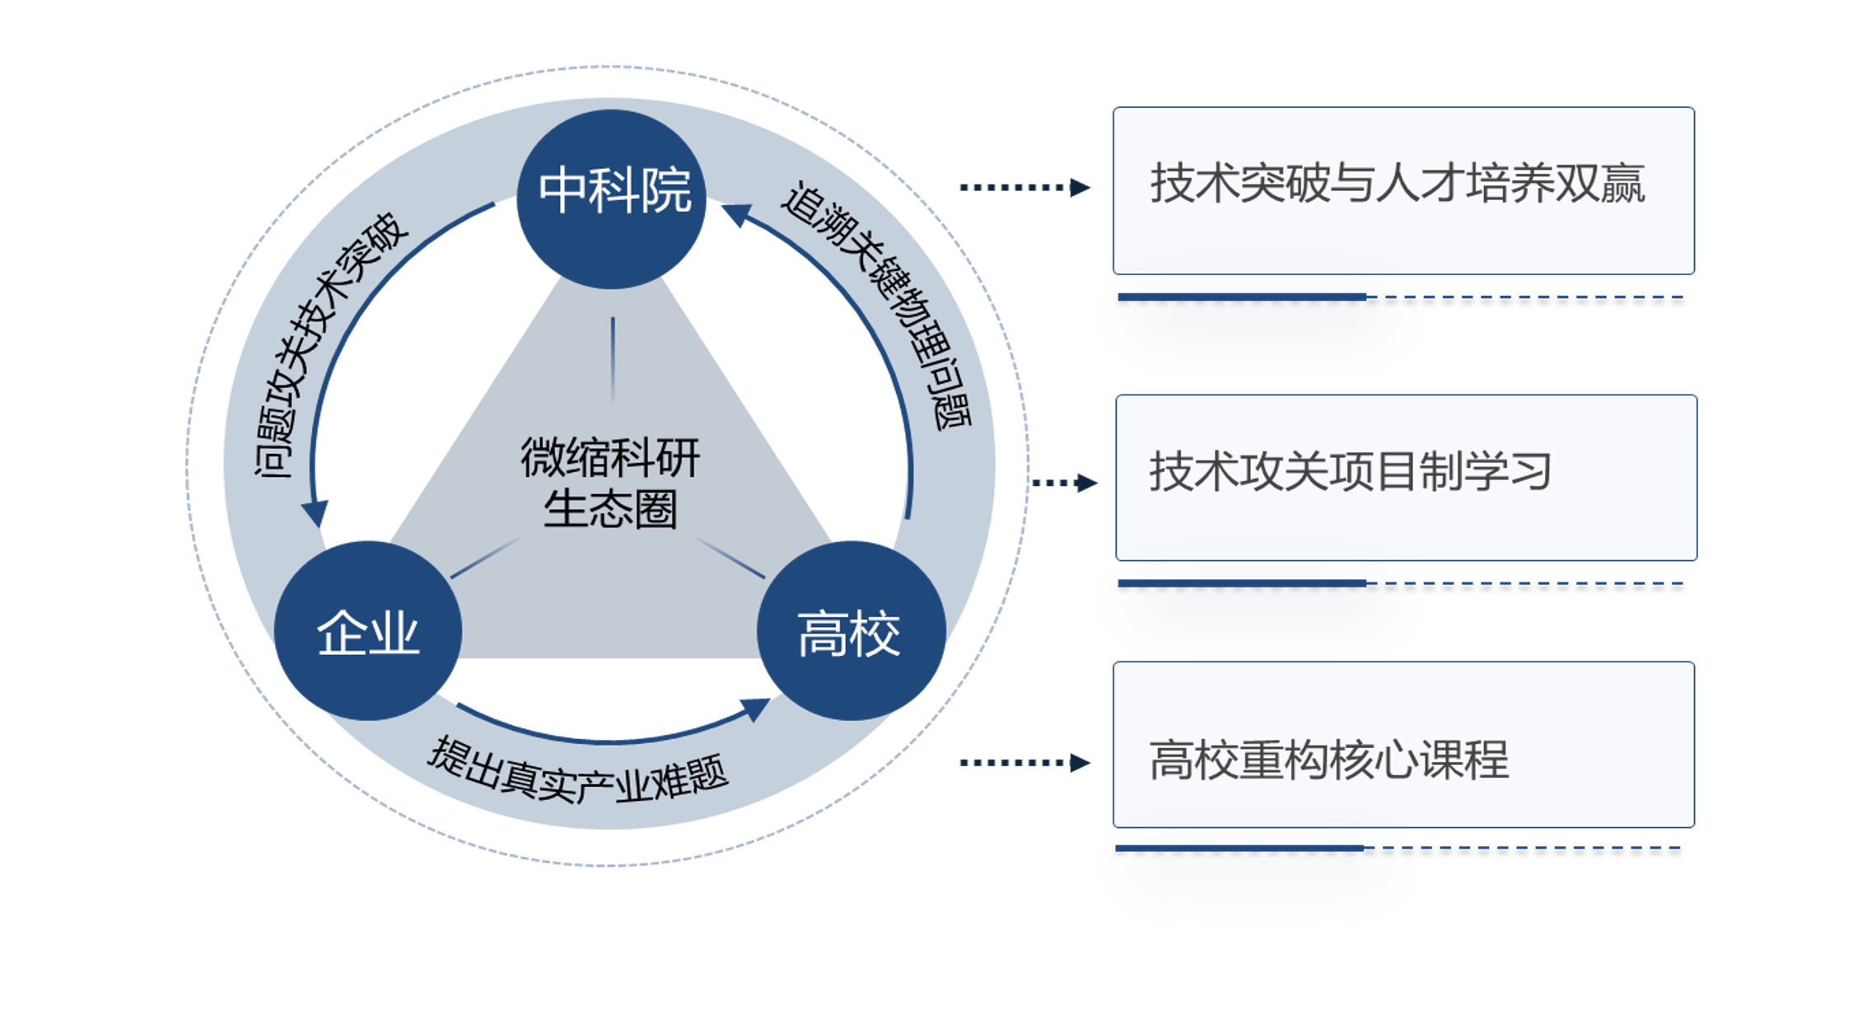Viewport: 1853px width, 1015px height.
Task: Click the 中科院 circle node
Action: pyautogui.click(x=611, y=198)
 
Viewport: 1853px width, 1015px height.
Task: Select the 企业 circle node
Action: pyautogui.click(x=367, y=631)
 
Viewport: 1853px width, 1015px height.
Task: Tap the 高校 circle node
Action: pyautogui.click(x=850, y=631)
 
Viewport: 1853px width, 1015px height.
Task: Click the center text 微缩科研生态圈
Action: pyautogui.click(x=610, y=484)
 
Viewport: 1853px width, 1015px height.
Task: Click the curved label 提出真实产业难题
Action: pyautogui.click(x=577, y=771)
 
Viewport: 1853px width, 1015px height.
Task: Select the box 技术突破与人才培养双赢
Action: pyautogui.click(x=1403, y=190)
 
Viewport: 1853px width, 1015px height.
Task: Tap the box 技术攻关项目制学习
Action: pyautogui.click(x=1406, y=478)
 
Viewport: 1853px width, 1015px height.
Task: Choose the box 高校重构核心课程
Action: pyautogui.click(x=1403, y=745)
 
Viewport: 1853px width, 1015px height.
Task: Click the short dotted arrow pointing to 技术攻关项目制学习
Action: pyautogui.click(x=1064, y=483)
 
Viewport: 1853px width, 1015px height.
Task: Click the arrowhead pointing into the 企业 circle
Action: pyautogui.click(x=315, y=513)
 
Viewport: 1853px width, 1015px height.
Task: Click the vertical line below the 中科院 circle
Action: pyautogui.click(x=613, y=359)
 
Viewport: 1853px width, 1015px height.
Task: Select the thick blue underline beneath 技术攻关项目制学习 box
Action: pyautogui.click(x=1241, y=583)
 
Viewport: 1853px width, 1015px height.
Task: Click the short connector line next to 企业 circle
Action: pyautogui.click(x=484, y=559)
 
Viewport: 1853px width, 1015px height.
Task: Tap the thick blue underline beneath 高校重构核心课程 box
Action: pyautogui.click(x=1239, y=848)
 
